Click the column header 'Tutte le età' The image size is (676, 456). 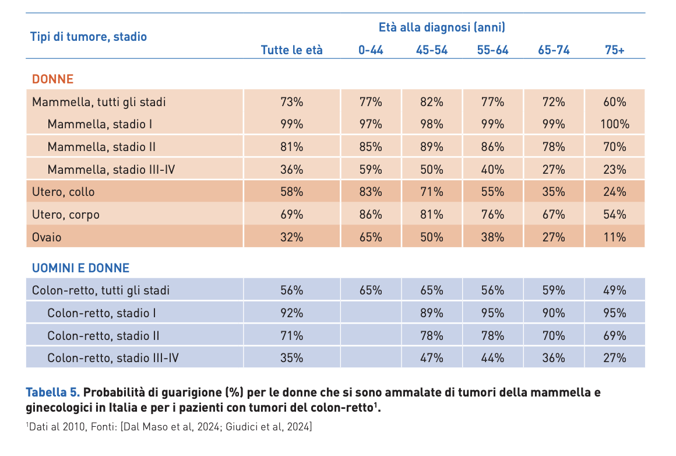tap(291, 50)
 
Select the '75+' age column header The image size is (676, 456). tap(614, 50)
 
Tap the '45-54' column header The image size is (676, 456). tap(431, 50)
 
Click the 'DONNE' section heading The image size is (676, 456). tap(52, 79)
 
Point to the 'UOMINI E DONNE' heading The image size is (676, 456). tap(80, 268)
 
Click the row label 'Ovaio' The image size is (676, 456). tap(47, 237)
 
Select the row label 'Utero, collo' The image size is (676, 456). tap(63, 192)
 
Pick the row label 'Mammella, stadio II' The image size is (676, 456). tap(101, 147)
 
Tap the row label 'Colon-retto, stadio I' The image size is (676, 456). tap(101, 313)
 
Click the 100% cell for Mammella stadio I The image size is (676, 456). tap(614, 124)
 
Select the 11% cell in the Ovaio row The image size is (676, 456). tap(614, 237)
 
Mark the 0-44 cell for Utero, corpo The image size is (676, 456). tap(370, 215)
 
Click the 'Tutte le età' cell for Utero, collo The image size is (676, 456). tap(291, 192)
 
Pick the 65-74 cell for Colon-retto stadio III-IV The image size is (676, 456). tap(553, 358)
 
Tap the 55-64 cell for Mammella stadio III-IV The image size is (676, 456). tap(492, 170)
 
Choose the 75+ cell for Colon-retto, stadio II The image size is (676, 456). tap(614, 336)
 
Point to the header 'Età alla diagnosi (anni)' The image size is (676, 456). tap(441, 27)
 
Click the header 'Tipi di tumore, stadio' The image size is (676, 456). tap(89, 37)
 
